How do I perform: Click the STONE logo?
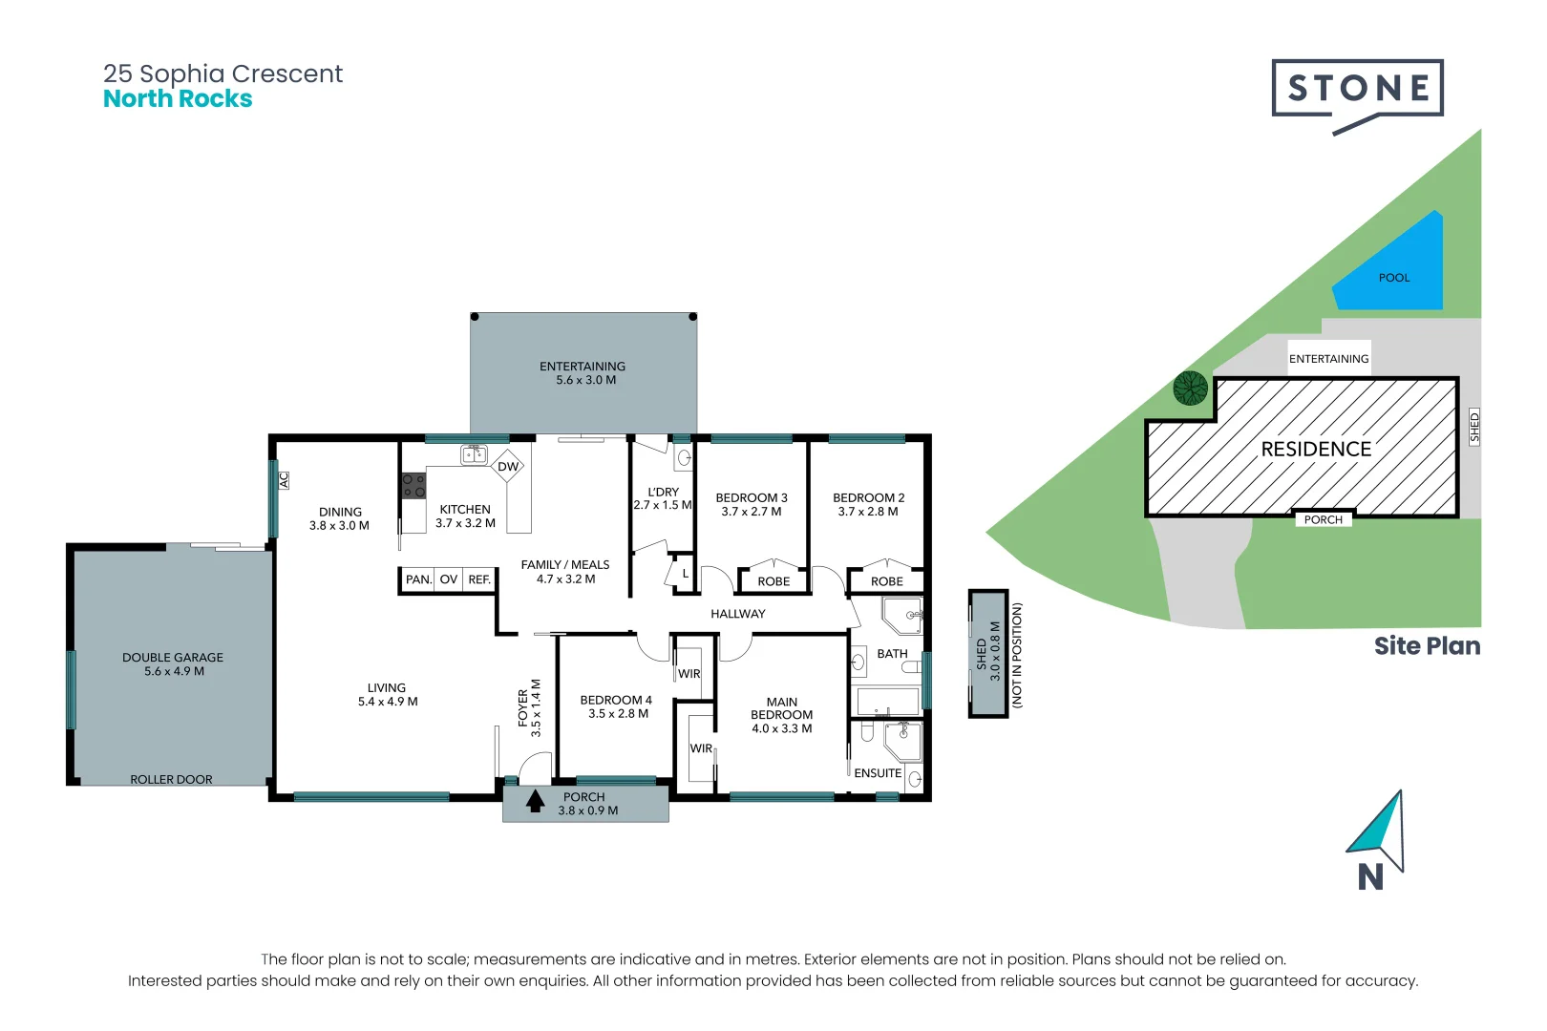(1357, 89)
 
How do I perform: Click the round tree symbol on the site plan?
(1191, 389)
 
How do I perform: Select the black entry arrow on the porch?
(535, 801)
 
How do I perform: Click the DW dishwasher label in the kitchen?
(508, 467)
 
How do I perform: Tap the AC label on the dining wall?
(284, 480)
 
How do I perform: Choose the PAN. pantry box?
(418, 579)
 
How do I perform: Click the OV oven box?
(449, 579)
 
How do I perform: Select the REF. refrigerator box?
(479, 579)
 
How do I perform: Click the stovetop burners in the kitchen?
(413, 486)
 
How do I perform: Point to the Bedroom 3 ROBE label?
(773, 581)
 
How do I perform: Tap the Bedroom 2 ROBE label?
(887, 581)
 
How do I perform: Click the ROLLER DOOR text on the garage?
(172, 780)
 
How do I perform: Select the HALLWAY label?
(738, 614)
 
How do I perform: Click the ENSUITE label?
(878, 773)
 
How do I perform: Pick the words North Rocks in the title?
(178, 99)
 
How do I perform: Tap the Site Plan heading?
(1427, 646)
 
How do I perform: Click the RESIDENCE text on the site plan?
(1316, 449)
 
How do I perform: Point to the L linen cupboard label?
(686, 574)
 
